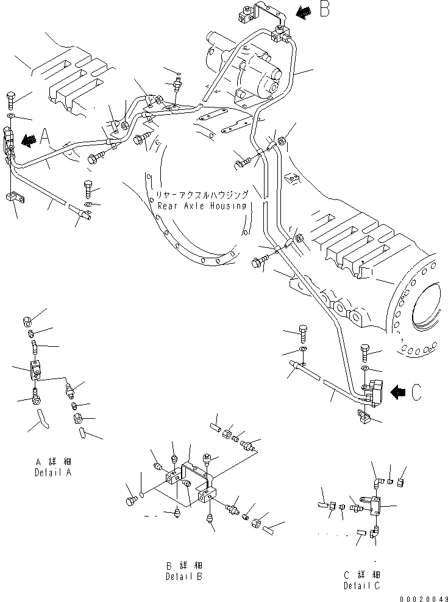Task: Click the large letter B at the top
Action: click(x=324, y=9)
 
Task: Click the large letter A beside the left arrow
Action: click(x=45, y=137)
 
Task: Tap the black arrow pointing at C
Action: click(x=398, y=393)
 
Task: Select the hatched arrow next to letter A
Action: click(x=29, y=140)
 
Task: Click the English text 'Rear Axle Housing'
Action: click(x=202, y=206)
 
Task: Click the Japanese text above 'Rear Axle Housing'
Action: click(x=202, y=195)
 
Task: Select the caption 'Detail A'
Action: click(x=53, y=473)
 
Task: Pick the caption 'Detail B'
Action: click(x=184, y=576)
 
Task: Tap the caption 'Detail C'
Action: click(x=362, y=586)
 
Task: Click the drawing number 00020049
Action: click(x=424, y=598)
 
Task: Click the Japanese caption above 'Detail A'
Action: click(x=53, y=462)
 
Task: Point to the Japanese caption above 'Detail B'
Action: click(x=184, y=565)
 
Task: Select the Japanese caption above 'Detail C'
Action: click(x=362, y=575)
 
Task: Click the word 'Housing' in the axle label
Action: click(x=229, y=206)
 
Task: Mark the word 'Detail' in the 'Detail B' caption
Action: click(x=179, y=576)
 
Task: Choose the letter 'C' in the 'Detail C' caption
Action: click(x=377, y=586)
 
